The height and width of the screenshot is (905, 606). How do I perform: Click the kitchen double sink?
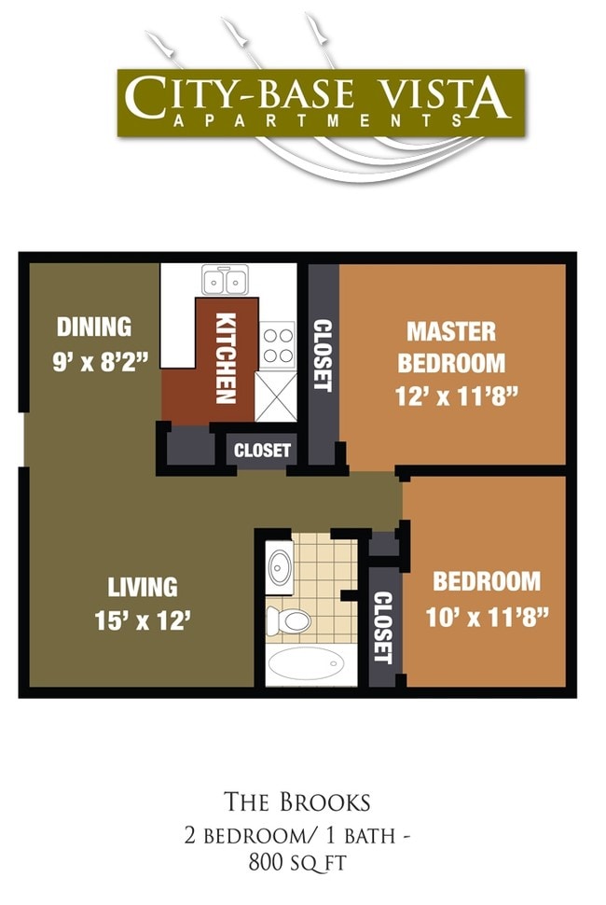click(x=225, y=280)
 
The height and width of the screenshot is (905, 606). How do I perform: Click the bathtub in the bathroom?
click(x=307, y=665)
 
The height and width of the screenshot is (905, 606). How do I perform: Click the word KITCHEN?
click(x=225, y=357)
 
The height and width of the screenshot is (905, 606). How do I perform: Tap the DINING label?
click(x=94, y=327)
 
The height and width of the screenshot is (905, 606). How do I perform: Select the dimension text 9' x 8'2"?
click(x=101, y=360)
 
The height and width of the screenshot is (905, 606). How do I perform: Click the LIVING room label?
click(x=143, y=587)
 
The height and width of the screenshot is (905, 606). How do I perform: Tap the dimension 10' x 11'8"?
click(x=487, y=616)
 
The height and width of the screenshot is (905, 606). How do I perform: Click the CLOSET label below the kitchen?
click(x=262, y=451)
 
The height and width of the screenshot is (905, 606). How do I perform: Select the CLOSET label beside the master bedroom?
click(x=323, y=355)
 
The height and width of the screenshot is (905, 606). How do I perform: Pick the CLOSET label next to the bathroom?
click(x=382, y=626)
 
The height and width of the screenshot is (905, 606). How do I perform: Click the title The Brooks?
click(x=297, y=801)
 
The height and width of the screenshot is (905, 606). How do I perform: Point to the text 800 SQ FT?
click(x=297, y=863)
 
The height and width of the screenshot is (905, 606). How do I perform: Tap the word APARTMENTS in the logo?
click(x=317, y=120)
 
